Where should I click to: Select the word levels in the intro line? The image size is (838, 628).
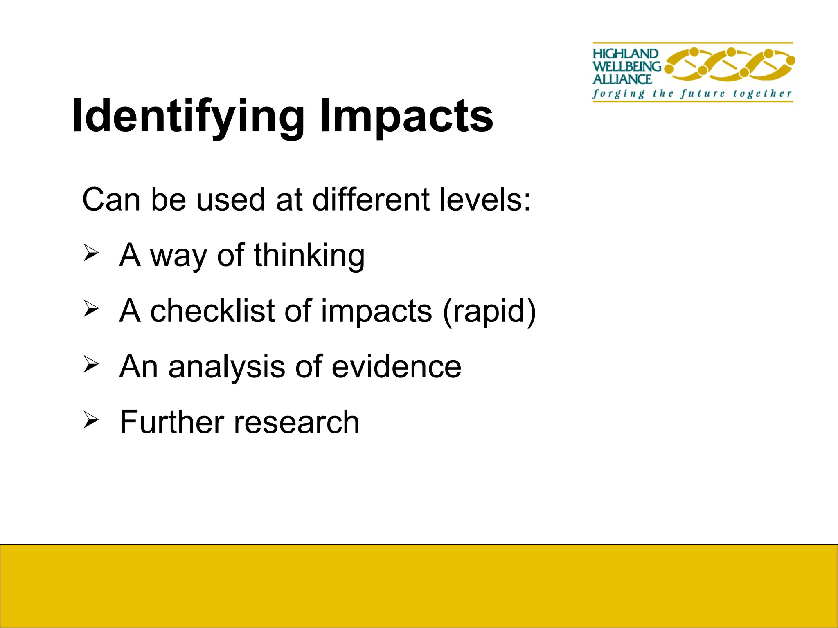tap(485, 200)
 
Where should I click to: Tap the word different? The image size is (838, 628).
tap(370, 200)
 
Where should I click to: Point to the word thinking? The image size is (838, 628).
tap(309, 256)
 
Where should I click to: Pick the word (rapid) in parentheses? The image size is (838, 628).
tap(489, 312)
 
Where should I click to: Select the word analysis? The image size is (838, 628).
tap(227, 367)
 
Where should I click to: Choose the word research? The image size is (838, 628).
tap(296, 423)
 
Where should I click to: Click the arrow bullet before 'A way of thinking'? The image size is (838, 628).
tap(91, 253)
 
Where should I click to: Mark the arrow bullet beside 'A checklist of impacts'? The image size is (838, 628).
tap(91, 309)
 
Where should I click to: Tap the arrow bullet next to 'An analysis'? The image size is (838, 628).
tap(91, 365)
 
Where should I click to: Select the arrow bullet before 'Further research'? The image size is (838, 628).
tap(91, 420)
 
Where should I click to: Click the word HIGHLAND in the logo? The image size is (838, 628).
tap(625, 54)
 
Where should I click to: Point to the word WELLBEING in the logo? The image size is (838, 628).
tap(627, 66)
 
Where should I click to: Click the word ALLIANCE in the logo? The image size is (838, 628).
tap(622, 79)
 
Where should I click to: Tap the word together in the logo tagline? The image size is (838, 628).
tap(762, 94)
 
